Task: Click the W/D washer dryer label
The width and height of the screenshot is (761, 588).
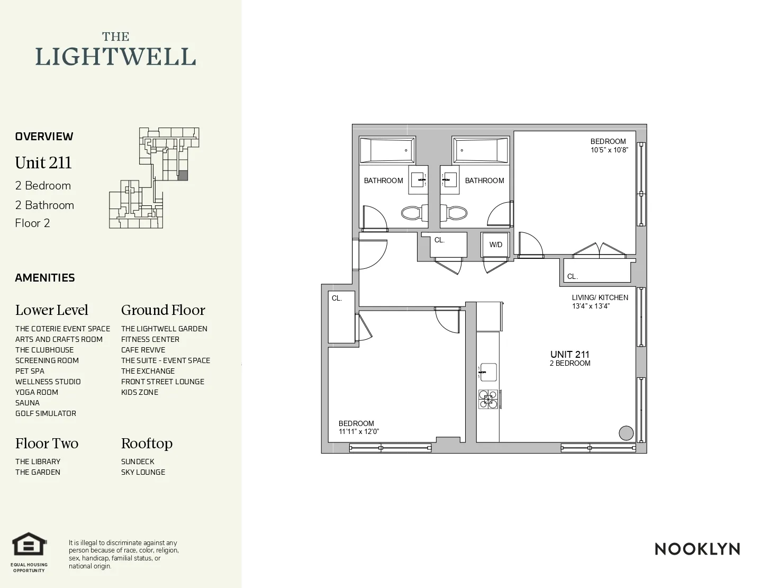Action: pos(495,245)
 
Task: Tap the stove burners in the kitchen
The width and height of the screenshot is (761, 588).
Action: pos(488,399)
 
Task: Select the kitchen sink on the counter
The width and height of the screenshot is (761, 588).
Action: pos(488,372)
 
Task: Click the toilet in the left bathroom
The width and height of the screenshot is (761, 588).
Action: pos(411,213)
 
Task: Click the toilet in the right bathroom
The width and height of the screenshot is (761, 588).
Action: pos(456,213)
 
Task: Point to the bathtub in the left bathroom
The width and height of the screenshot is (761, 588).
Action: pos(387,150)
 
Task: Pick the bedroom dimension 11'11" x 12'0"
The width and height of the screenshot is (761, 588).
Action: pos(358,431)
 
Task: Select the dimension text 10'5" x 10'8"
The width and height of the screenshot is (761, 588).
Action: pos(609,150)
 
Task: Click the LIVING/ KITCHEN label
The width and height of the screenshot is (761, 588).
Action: pos(600,297)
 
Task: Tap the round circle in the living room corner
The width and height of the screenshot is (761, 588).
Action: pos(626,433)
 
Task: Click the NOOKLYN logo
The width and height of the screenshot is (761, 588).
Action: pos(697,549)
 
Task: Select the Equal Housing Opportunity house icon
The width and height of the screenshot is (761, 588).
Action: pos(30,545)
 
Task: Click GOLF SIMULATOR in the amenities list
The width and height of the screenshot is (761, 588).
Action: pos(46,413)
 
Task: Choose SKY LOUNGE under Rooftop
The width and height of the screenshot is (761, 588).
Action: pos(143,472)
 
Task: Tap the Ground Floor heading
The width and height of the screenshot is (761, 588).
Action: pos(163,310)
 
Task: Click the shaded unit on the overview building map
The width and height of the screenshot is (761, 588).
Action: pos(182,176)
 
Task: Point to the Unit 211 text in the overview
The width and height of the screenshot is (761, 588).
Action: pos(43,162)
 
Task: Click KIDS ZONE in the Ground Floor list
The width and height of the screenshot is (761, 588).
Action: pos(140,392)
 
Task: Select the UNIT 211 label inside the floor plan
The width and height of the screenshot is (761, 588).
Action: pos(569,355)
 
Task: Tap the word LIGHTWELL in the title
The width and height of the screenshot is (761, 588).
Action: pos(115,57)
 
